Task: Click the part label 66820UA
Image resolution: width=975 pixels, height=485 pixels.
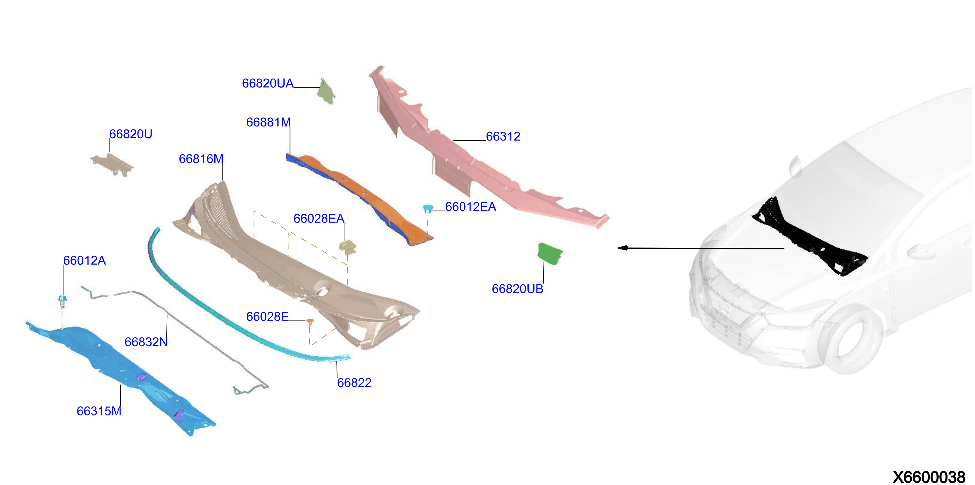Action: point(268,83)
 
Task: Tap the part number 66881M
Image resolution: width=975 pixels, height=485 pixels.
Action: point(268,122)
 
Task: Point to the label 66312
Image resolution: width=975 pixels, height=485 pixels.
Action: point(503,136)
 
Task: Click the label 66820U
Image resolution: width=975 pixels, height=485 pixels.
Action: point(131,134)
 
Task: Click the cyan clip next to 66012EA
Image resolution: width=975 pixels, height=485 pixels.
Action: point(428,209)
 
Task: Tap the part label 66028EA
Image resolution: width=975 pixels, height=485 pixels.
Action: point(319,218)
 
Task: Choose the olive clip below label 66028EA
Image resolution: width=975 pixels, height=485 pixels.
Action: point(347,247)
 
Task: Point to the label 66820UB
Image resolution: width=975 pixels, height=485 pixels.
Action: point(518,289)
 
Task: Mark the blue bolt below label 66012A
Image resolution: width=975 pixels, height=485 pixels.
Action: point(62,302)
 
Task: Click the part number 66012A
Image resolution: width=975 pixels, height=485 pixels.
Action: point(84,260)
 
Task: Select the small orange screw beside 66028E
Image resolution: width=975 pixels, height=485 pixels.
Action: point(310,322)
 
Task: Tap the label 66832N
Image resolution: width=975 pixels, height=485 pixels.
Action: point(146,342)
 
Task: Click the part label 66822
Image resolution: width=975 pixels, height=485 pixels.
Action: point(354,383)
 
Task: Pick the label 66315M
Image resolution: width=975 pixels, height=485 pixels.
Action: point(99,411)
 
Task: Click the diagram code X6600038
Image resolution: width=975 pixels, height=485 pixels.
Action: point(929,477)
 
